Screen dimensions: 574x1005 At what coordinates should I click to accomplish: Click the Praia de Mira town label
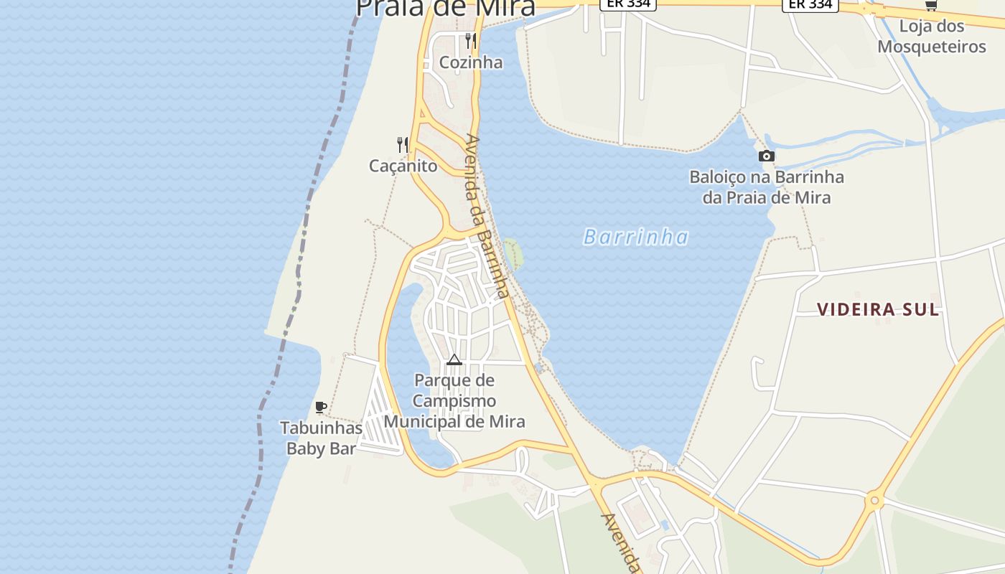[x=445, y=7]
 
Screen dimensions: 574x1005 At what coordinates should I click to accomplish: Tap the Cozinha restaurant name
[x=471, y=62]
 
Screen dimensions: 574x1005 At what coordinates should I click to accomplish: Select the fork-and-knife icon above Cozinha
[x=471, y=40]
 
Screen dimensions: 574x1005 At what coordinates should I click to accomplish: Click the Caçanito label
[x=403, y=166]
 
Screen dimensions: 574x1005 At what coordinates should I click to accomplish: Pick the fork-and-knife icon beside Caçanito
[x=403, y=145]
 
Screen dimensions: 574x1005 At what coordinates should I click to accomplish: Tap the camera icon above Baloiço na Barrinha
[x=767, y=156]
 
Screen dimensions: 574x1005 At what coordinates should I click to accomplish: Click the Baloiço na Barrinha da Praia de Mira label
[x=767, y=187]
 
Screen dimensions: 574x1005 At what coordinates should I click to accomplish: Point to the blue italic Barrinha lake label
[x=636, y=237]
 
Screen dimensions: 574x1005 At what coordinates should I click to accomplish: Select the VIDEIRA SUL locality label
[x=878, y=309]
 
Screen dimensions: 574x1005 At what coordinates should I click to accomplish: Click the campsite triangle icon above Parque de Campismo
[x=454, y=359]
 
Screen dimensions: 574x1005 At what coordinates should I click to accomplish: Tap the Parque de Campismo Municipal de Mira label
[x=454, y=400]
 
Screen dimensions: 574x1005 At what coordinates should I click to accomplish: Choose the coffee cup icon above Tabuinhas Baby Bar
[x=321, y=408]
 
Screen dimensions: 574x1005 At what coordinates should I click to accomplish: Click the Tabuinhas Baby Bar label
[x=321, y=438]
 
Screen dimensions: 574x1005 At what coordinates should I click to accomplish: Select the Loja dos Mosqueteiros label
[x=932, y=37]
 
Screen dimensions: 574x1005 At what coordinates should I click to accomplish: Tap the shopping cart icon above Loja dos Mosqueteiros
[x=931, y=6]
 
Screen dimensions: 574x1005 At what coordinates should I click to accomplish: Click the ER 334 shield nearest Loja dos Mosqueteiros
[x=810, y=4]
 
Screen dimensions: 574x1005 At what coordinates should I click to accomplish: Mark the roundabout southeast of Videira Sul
[x=874, y=500]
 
